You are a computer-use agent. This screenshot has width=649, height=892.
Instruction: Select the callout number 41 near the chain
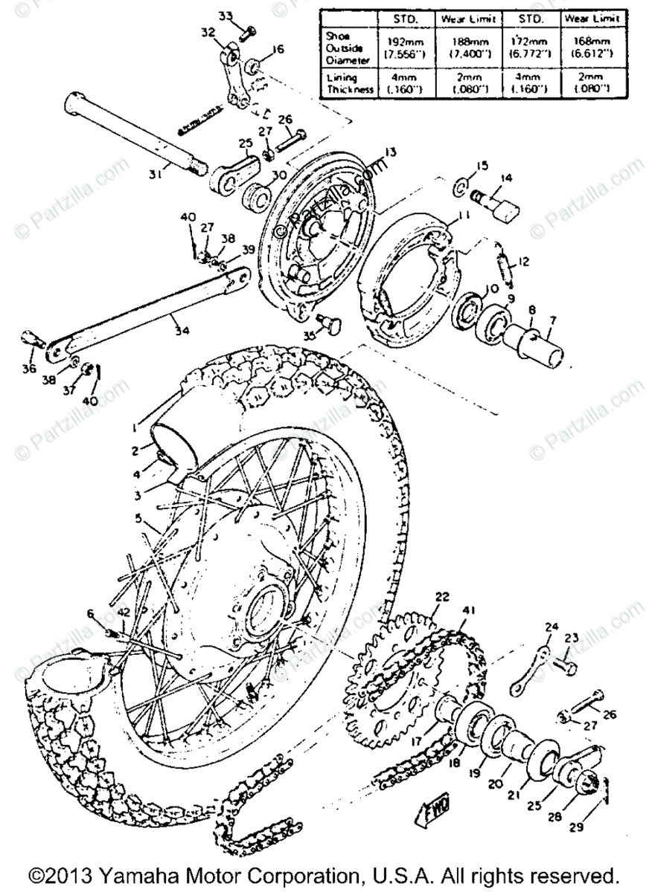pyautogui.click(x=467, y=610)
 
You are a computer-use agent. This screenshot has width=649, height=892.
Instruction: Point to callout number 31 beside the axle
pyautogui.click(x=154, y=175)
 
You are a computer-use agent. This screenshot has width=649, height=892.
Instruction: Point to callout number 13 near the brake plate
pyautogui.click(x=391, y=152)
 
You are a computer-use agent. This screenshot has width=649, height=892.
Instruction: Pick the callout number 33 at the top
pyautogui.click(x=226, y=16)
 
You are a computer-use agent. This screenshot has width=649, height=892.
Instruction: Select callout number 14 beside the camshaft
pyautogui.click(x=506, y=178)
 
